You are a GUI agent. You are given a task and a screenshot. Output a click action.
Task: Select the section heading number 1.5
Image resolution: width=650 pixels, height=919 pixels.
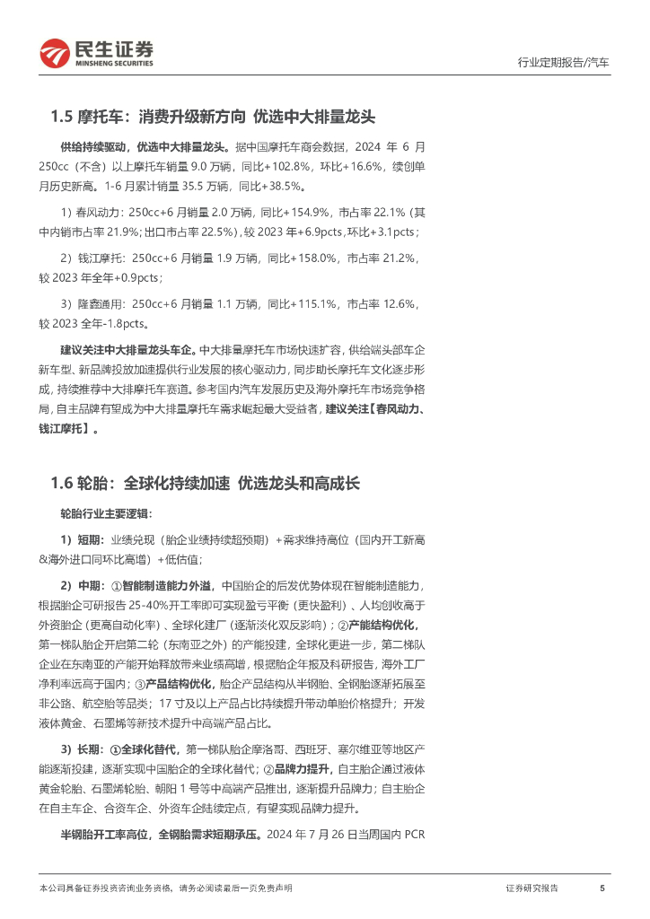pyautogui.click(x=63, y=117)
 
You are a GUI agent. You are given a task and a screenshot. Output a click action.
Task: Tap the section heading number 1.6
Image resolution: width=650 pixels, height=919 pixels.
pyautogui.click(x=63, y=484)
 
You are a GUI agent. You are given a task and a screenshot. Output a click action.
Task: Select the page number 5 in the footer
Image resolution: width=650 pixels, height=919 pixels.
pyautogui.click(x=602, y=888)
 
